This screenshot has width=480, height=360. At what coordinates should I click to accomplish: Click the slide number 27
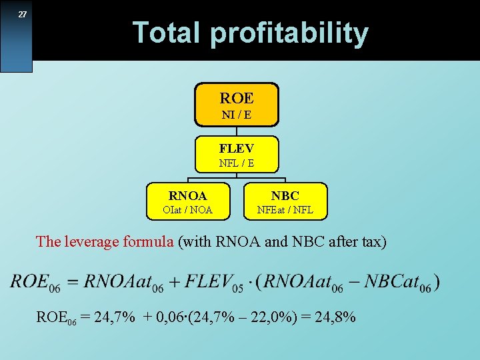coord(22,15)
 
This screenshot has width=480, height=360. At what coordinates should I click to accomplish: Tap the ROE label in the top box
coord(237,98)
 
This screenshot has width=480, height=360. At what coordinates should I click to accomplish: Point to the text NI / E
coord(237,115)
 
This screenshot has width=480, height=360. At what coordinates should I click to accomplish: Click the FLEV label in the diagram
coord(237,148)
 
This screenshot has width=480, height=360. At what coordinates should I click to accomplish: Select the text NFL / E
coord(237,163)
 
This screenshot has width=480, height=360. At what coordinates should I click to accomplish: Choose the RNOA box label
coord(187,195)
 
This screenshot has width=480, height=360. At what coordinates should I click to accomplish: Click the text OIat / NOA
coord(187,210)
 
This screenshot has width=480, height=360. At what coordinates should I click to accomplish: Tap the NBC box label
coord(285,195)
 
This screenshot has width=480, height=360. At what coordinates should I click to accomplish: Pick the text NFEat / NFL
coord(285,210)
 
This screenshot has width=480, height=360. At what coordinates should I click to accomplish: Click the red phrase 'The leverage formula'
coord(105,241)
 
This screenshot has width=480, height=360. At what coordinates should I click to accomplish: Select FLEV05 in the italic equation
coord(213,281)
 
